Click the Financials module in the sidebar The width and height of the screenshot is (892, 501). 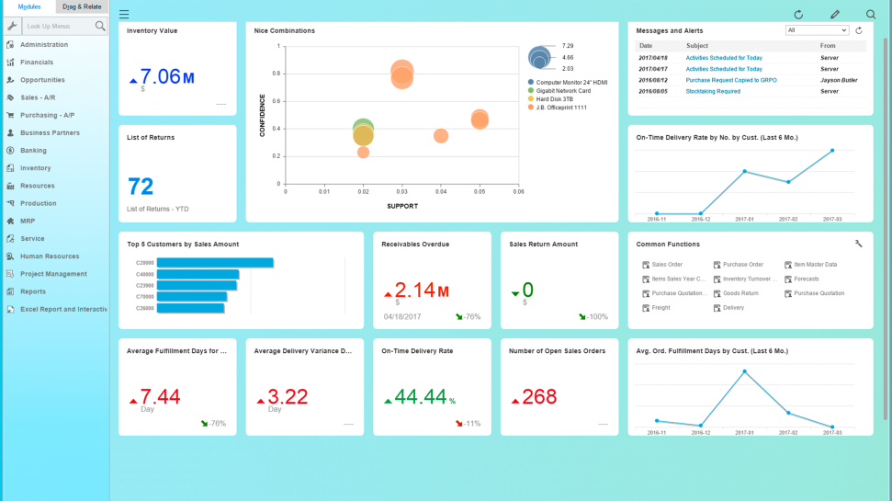click(37, 63)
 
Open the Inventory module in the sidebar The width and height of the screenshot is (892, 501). click(36, 168)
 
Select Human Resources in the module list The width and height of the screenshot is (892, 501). click(50, 256)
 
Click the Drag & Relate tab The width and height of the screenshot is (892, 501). click(83, 6)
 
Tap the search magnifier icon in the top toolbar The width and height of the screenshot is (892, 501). click(871, 15)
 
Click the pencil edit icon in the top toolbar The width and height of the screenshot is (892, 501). click(835, 15)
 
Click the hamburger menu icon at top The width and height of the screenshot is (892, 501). click(124, 15)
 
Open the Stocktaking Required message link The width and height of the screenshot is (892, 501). click(713, 92)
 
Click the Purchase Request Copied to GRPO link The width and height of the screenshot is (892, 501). click(731, 80)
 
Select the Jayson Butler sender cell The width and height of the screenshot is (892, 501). click(839, 80)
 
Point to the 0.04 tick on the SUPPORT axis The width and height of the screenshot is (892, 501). click(441, 192)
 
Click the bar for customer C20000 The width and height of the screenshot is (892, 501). click(215, 263)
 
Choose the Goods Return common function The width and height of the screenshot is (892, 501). click(740, 293)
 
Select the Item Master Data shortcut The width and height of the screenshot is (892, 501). click(815, 265)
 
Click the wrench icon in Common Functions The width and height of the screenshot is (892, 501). click(858, 244)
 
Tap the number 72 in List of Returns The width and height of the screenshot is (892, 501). click(141, 188)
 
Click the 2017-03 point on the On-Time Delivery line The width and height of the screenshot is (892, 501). click(832, 151)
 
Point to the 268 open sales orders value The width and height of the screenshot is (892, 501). click(539, 397)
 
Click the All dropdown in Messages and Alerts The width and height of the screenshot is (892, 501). click(817, 30)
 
